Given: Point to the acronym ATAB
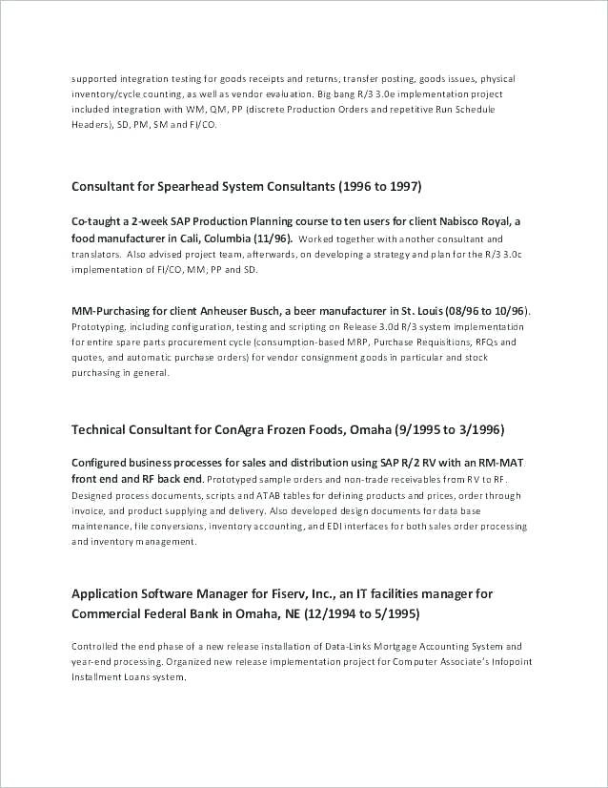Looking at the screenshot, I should point(269,496).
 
